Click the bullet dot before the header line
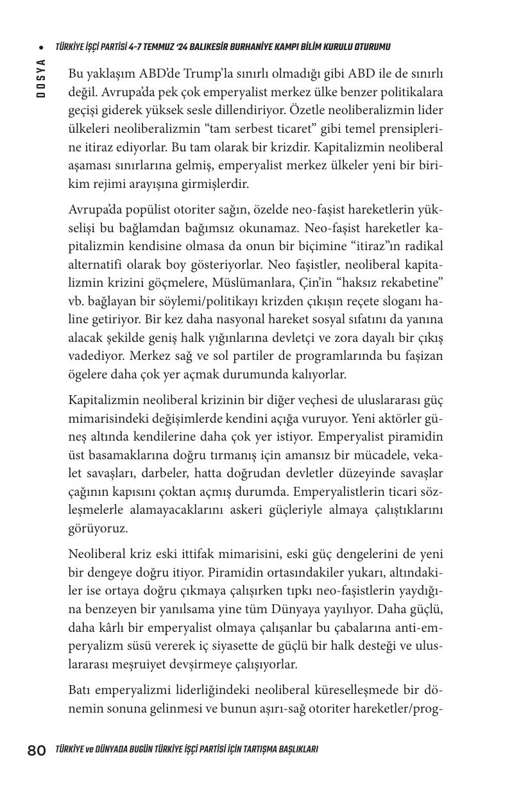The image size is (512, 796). click(40, 47)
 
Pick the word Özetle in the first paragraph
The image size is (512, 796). click(306, 110)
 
